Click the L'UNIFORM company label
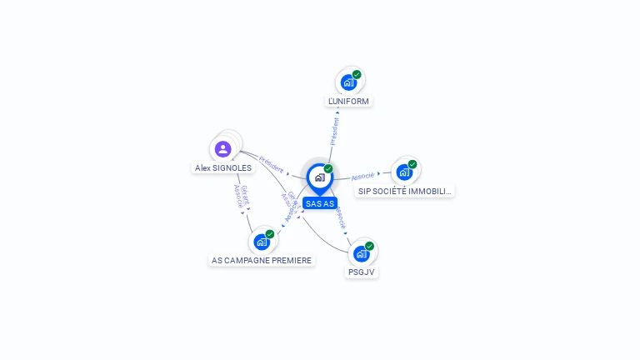point(348,101)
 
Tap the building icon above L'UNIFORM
point(348,82)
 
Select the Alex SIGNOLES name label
point(223,167)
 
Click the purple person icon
point(222,149)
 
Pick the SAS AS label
point(320,203)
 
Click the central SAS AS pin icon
point(319,177)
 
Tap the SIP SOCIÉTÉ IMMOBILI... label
point(405,191)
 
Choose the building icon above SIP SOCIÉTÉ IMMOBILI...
point(404,172)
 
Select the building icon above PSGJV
point(361,253)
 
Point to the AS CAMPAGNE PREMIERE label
point(262,260)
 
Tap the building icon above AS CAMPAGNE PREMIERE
point(262,242)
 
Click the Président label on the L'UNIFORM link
point(335,132)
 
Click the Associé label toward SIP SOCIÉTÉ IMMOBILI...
point(362,177)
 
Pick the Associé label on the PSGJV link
point(340,217)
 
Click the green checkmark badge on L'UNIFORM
point(357,75)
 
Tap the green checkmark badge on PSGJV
point(369,246)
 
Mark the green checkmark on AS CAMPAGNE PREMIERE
point(270,234)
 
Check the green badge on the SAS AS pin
point(328,169)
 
